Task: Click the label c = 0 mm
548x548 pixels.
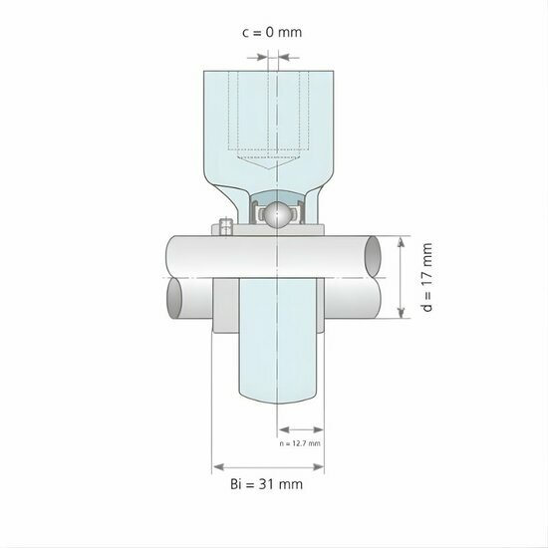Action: click(271, 32)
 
